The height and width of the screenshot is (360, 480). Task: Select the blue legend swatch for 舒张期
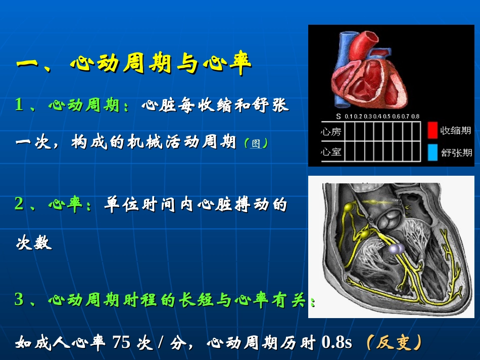tap(431, 152)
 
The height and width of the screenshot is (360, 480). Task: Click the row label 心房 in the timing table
tap(331, 132)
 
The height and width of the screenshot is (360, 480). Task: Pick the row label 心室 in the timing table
tap(331, 151)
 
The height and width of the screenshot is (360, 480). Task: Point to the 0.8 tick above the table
tap(415, 116)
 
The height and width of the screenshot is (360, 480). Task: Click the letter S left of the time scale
tap(338, 116)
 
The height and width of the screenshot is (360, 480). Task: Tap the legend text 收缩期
tap(455, 131)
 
